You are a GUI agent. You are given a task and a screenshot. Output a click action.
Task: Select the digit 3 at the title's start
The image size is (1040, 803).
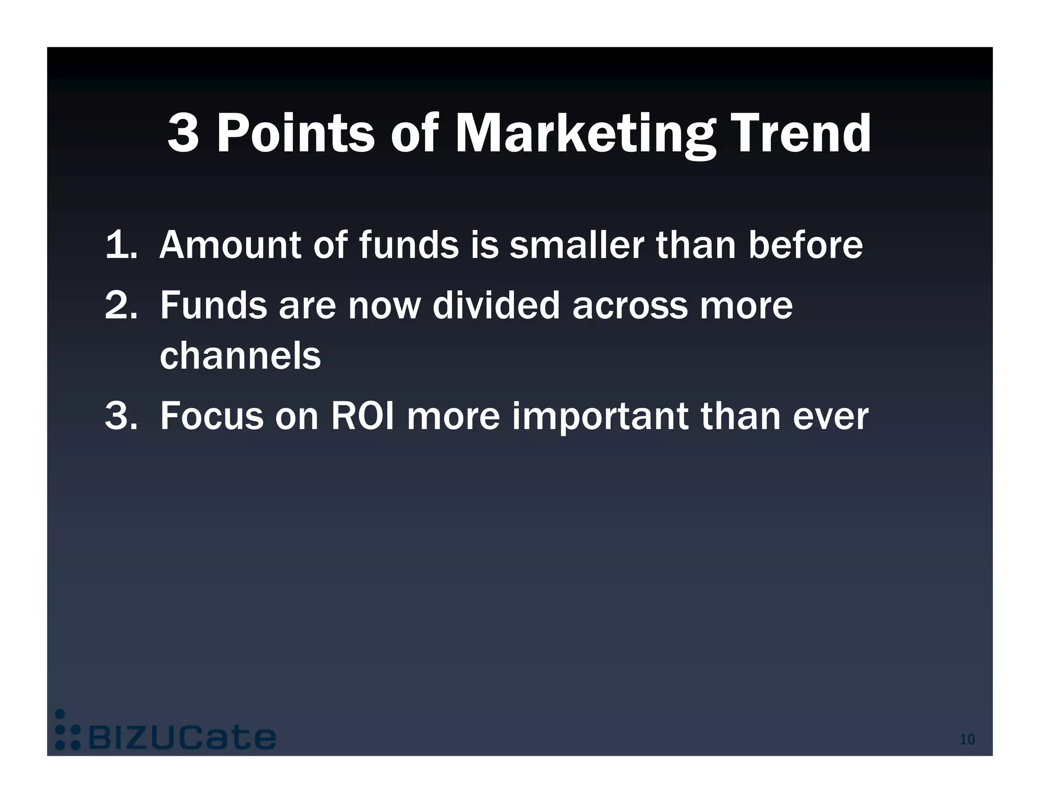click(x=183, y=133)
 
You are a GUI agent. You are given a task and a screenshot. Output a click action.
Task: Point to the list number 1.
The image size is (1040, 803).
click(x=120, y=245)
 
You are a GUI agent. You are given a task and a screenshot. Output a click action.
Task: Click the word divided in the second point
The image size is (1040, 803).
click(x=496, y=306)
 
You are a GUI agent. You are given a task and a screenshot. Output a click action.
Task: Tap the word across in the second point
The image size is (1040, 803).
click(x=630, y=307)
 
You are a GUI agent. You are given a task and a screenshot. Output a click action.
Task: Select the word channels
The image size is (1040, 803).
click(x=240, y=356)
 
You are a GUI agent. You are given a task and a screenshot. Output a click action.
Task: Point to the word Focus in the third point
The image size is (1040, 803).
click(x=212, y=416)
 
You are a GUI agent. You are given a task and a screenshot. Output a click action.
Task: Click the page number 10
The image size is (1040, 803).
click(x=967, y=740)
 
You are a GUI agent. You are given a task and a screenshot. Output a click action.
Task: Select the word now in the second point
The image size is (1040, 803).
click(x=384, y=307)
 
